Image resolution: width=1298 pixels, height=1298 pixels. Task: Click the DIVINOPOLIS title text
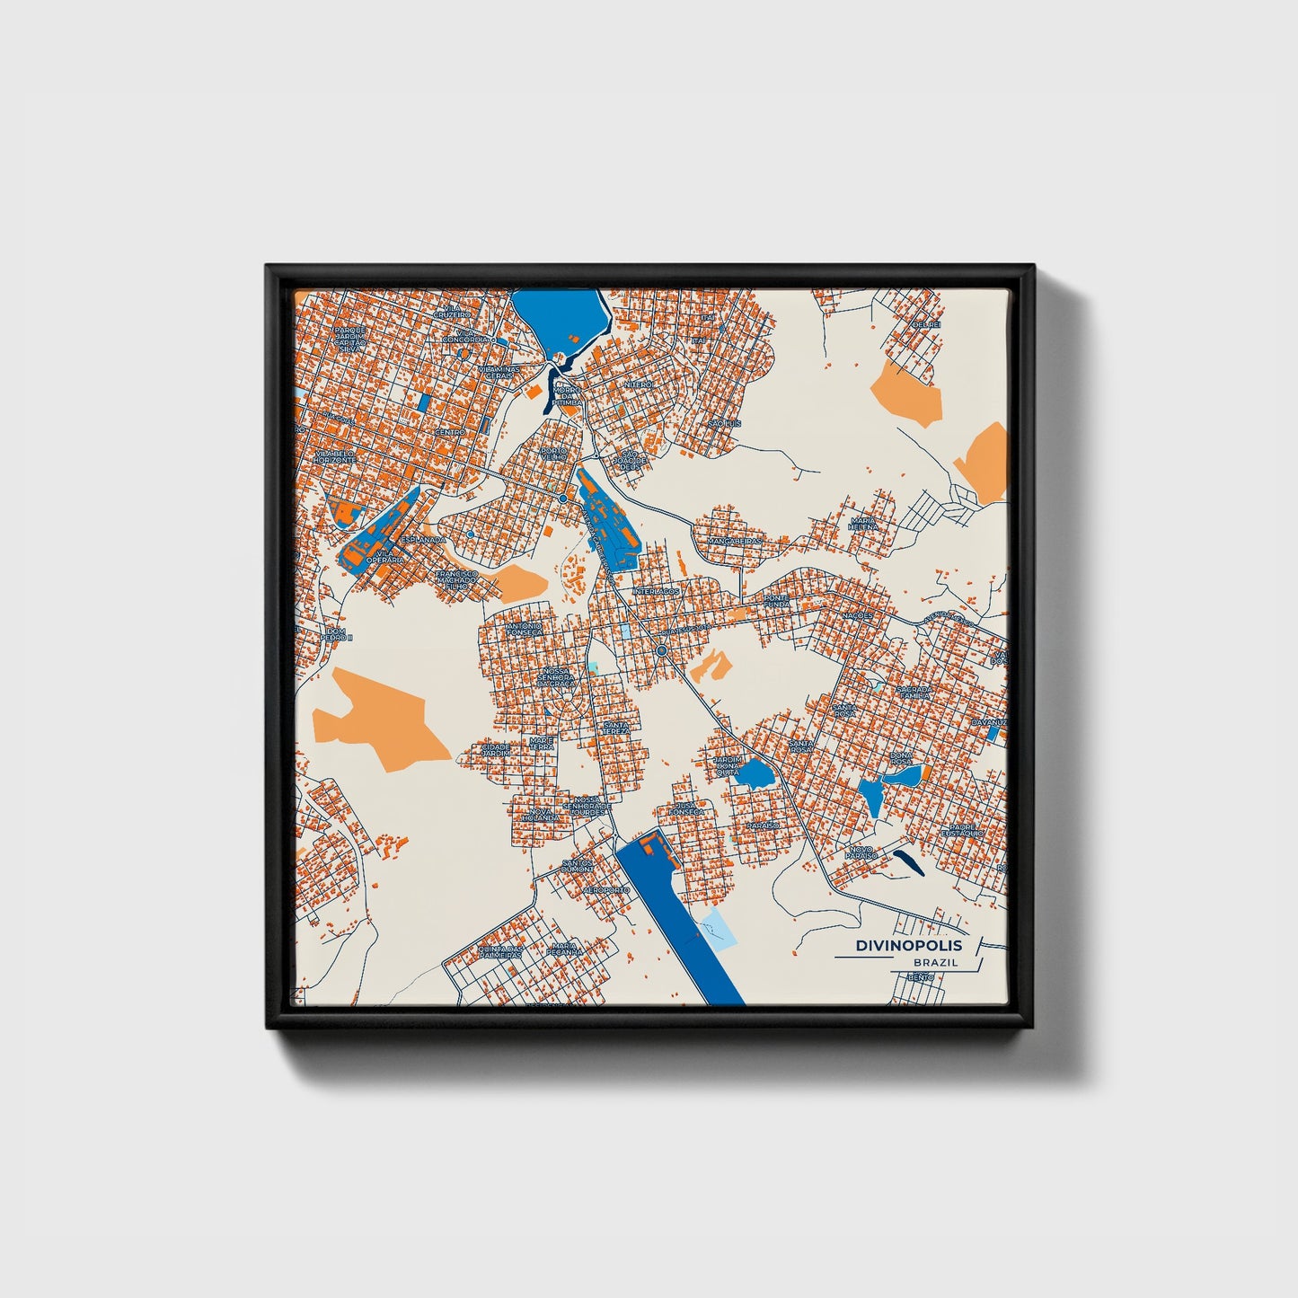908,946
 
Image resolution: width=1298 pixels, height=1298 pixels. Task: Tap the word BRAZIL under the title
935,963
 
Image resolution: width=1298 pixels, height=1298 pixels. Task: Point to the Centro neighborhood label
449,432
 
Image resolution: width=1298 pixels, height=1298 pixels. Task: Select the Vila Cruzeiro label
453,312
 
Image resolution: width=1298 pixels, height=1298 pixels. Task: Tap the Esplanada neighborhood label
422,539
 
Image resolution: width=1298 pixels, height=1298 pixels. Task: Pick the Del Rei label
925,324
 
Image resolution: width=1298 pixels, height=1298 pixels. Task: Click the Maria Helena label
863,524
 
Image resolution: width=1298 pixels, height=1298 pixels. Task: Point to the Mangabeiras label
735,542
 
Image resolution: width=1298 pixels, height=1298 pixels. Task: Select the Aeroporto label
606,889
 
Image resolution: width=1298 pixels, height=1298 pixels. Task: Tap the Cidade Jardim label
496,748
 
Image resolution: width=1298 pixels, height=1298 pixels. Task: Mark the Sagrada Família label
914,692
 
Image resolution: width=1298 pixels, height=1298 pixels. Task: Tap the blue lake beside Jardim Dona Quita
752,773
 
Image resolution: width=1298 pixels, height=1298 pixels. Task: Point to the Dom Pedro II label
340,634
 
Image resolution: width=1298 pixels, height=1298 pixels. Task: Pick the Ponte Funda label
778,601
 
